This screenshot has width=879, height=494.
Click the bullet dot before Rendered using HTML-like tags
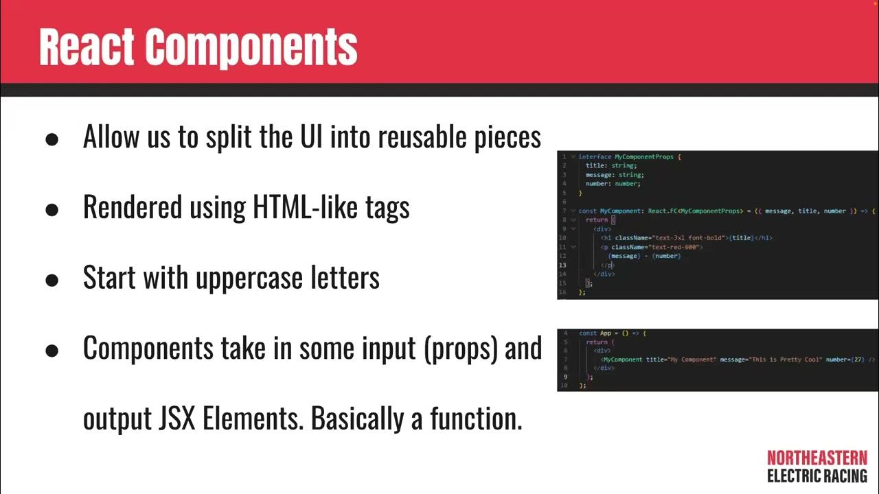click(52, 209)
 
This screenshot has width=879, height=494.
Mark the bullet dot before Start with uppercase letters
click(52, 279)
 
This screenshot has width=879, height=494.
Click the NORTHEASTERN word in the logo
click(817, 458)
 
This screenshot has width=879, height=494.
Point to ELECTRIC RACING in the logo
click(817, 475)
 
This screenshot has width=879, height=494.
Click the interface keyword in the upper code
click(595, 157)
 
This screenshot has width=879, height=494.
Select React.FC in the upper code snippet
click(663, 211)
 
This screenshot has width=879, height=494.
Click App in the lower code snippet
click(605, 333)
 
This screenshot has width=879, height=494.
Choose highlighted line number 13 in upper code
click(562, 265)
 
